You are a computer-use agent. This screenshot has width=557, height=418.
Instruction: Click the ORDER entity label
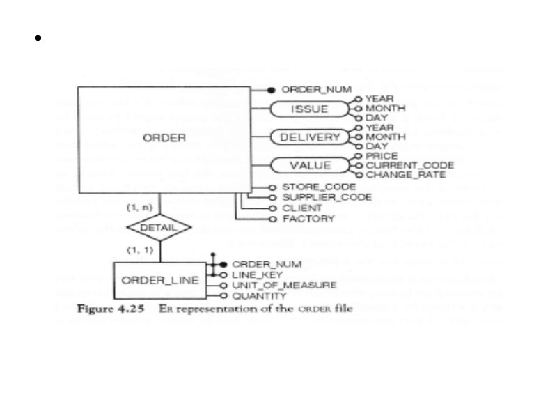tap(164, 138)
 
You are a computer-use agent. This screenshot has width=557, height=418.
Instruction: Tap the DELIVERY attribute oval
tap(310, 137)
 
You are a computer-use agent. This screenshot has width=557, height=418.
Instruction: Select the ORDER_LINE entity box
tap(159, 281)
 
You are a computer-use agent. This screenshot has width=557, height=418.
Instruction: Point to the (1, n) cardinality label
tap(136, 208)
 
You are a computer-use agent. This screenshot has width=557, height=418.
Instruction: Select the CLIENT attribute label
tap(301, 208)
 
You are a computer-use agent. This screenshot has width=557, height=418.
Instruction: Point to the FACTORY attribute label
tap(304, 219)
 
